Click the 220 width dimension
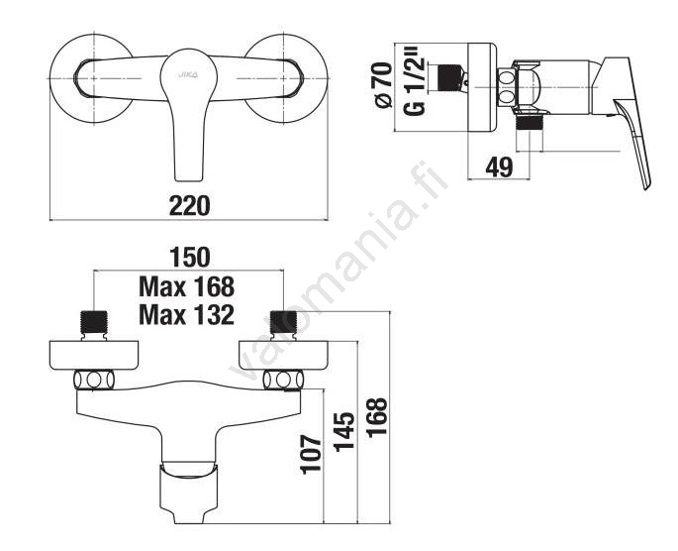(x=189, y=205)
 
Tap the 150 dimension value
(x=189, y=258)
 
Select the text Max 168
(x=186, y=286)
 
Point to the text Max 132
(x=186, y=315)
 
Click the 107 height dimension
(x=312, y=455)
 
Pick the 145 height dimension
(x=344, y=431)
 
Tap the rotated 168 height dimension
(x=377, y=417)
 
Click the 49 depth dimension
(x=499, y=166)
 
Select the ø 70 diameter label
(x=384, y=85)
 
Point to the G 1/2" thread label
(x=415, y=85)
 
